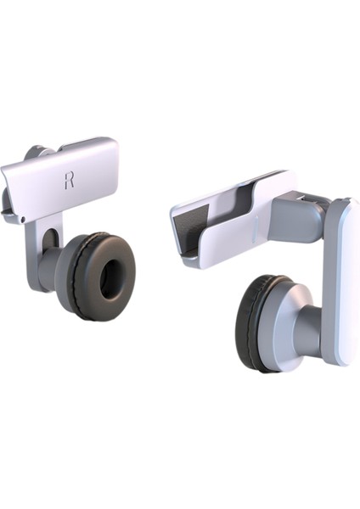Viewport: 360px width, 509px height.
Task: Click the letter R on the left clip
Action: pyautogui.click(x=70, y=180)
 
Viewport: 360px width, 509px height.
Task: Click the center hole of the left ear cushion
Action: pyautogui.click(x=112, y=278)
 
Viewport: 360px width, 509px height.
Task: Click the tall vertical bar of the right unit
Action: pyautogui.click(x=341, y=280)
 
